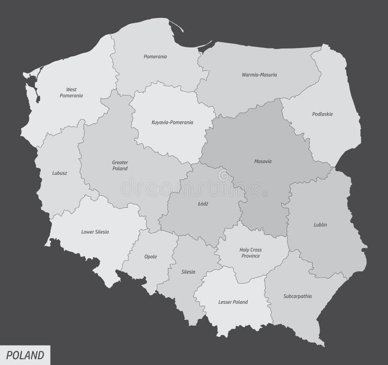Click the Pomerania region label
coord(155,57)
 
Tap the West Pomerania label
coord(71,93)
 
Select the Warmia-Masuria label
coord(256,75)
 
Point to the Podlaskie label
coord(323,114)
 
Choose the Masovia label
coord(262,161)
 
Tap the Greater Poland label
coord(119,166)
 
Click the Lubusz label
coord(59,173)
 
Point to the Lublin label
coord(320,225)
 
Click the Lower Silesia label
coord(95,232)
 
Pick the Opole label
coord(150,257)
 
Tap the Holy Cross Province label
coord(250,253)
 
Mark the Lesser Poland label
coord(233,302)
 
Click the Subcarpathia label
coord(297,296)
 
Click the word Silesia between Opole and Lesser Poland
coord(188,272)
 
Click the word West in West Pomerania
coord(71,89)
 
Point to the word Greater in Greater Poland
coord(119,163)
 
